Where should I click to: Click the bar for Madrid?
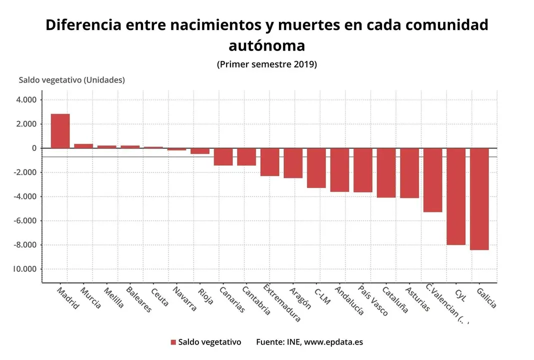pyautogui.click(x=60, y=131)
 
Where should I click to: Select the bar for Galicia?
pyautogui.click(x=479, y=199)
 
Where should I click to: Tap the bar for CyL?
pyautogui.click(x=455, y=196)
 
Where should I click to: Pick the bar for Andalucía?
pyautogui.click(x=339, y=170)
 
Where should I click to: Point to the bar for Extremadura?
pyautogui.click(x=269, y=162)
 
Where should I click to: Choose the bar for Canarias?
pyautogui.click(x=223, y=156)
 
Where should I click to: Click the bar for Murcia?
pyautogui.click(x=83, y=146)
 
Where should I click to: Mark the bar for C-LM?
pyautogui.click(x=316, y=168)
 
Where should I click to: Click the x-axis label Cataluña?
pyautogui.click(x=395, y=299)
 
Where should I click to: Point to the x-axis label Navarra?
pyautogui.click(x=184, y=298)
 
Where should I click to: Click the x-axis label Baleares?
pyautogui.click(x=138, y=299)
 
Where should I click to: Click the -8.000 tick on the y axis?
pyautogui.click(x=25, y=245)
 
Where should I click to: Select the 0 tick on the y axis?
pyautogui.click(x=34, y=148)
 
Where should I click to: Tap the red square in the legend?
pyautogui.click(x=173, y=342)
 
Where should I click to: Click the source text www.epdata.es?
pyautogui.click(x=333, y=342)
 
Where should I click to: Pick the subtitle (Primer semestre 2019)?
pyautogui.click(x=267, y=64)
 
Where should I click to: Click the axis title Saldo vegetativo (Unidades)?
pyautogui.click(x=71, y=80)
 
